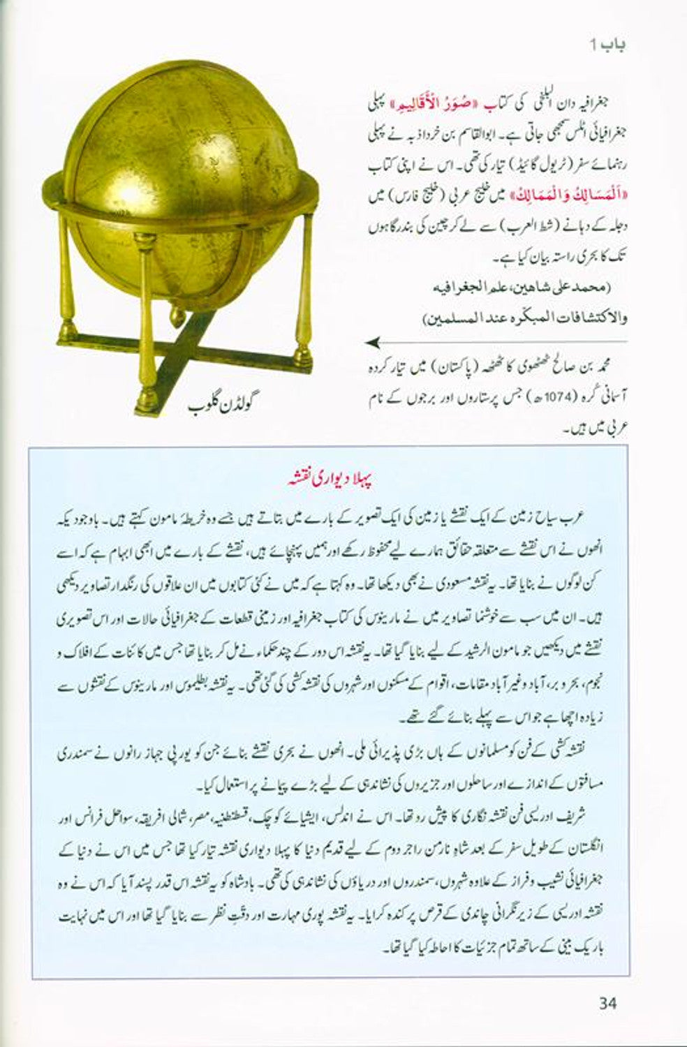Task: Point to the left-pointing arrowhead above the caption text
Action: (x=374, y=342)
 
